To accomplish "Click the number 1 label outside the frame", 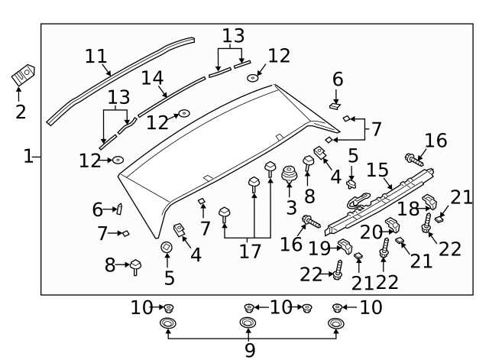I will pyautogui.click(x=28, y=157).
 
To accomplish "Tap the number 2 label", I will pyautogui.click(x=20, y=112).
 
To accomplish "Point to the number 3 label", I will pyautogui.click(x=290, y=207).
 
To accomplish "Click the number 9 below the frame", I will pyautogui.click(x=250, y=349).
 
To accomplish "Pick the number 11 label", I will pyautogui.click(x=96, y=57).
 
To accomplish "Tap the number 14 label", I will pyautogui.click(x=153, y=77).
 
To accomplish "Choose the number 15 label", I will pyautogui.click(x=378, y=168).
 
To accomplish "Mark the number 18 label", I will pyautogui.click(x=409, y=208).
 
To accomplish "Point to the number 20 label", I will pyautogui.click(x=371, y=231).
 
